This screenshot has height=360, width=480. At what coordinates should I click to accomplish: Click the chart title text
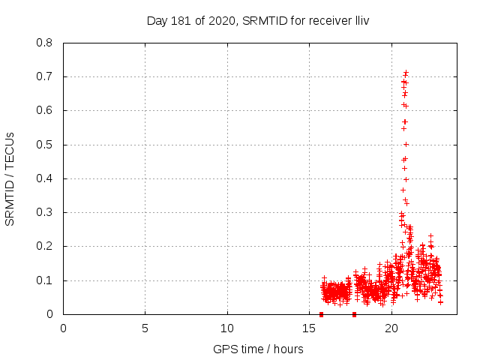coord(258,20)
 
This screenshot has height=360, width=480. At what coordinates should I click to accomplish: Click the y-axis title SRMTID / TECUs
coord(10,179)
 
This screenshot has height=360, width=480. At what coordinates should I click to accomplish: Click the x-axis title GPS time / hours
coord(258,349)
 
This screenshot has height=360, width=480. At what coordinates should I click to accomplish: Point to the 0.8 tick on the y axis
coord(45,43)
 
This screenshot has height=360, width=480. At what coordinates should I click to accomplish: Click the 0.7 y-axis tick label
coord(45,76)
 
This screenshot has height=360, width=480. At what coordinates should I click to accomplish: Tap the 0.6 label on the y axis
coord(45,110)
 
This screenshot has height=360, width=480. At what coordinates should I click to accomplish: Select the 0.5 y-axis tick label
coord(45,145)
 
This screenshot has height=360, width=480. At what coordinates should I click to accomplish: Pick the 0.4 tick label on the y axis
coord(45,178)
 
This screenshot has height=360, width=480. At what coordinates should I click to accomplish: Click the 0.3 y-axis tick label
coord(45,212)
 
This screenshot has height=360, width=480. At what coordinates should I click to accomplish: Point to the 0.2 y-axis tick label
coord(45,246)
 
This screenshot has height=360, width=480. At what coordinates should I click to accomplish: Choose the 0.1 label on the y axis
coord(45,280)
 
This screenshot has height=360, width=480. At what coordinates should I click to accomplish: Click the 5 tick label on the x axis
coord(145,328)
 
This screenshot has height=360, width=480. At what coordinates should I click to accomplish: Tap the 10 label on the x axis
coord(227,328)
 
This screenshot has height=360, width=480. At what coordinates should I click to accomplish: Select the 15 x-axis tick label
coord(309,328)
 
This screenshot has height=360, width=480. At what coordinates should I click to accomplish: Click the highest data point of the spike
coord(406,72)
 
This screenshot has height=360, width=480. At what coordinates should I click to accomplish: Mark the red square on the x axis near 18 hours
coord(354,314)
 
